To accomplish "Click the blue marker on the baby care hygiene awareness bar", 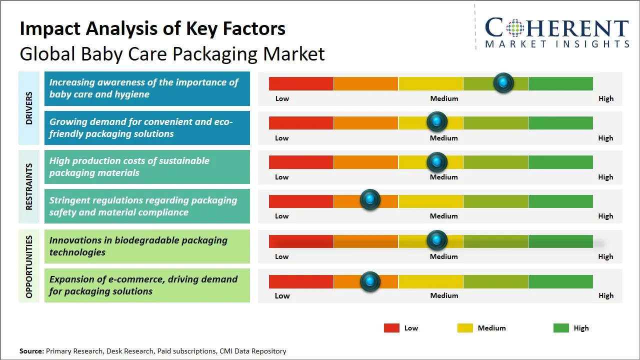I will [x=503, y=82].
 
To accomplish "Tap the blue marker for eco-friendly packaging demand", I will [x=437, y=121].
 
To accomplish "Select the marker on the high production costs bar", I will [x=437, y=161].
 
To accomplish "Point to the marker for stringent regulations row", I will [x=370, y=200].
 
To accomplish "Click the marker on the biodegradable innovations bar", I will [x=437, y=240].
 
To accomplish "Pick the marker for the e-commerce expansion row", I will [x=370, y=281].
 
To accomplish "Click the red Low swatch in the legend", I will [x=391, y=328].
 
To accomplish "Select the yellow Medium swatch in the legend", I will [x=465, y=328].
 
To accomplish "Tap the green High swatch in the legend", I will [x=561, y=328].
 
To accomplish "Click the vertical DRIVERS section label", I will [x=29, y=108].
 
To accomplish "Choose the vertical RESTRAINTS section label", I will [x=29, y=186].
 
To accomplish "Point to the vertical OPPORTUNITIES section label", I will [x=29, y=267].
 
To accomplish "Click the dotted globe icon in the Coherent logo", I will [x=514, y=28].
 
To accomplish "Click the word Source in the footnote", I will [x=31, y=351].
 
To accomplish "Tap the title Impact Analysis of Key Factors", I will [x=152, y=29].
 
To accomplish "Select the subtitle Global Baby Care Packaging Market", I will [x=172, y=53].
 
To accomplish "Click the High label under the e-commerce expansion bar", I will [x=605, y=295].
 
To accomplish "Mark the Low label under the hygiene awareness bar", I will [x=282, y=98].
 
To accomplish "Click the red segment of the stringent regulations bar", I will [x=301, y=201].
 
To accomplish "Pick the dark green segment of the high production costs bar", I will [x=560, y=162].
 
